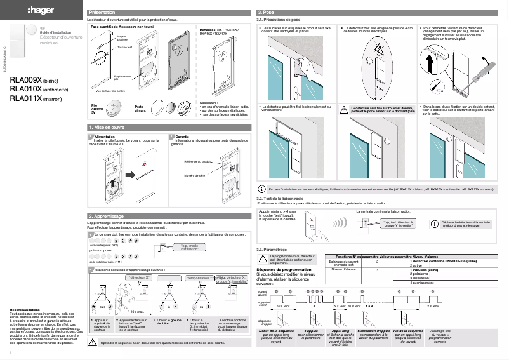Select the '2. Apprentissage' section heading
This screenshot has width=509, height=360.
106,217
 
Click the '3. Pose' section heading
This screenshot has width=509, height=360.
265,13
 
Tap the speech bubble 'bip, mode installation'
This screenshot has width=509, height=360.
194,248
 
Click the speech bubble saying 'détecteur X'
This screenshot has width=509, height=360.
139,278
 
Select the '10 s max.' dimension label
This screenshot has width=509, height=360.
136,312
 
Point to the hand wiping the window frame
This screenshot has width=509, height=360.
303,63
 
